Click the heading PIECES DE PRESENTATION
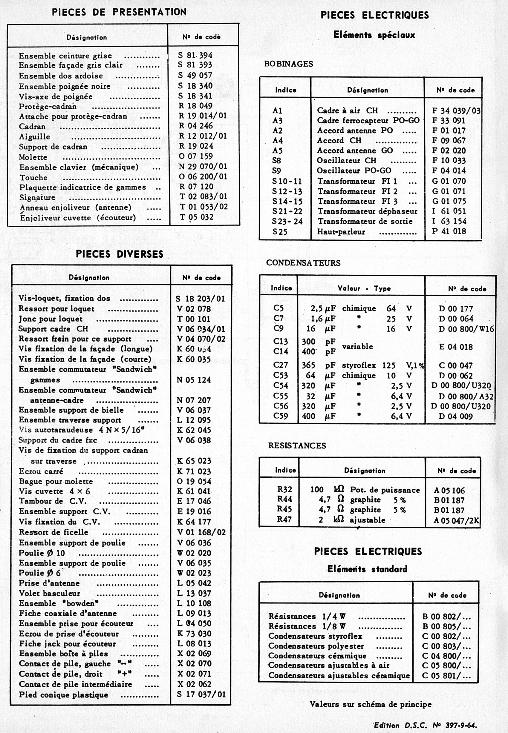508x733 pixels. [119, 12]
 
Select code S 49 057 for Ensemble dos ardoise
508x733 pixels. [195, 75]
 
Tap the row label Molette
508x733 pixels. [33, 157]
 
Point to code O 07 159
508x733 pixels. [195, 156]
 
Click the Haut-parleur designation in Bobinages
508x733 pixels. [341, 231]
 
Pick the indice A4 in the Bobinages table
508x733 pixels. [277, 141]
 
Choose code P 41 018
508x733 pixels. [449, 231]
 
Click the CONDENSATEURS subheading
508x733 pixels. [303, 263]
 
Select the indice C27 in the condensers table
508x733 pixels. [280, 365]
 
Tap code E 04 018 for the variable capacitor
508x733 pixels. [456, 347]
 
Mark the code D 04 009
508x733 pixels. [455, 416]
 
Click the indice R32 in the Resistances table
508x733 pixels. [284, 489]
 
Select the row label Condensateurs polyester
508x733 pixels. [316, 646]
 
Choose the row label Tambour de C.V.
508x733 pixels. [53, 501]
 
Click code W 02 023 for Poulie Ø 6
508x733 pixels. [194, 573]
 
